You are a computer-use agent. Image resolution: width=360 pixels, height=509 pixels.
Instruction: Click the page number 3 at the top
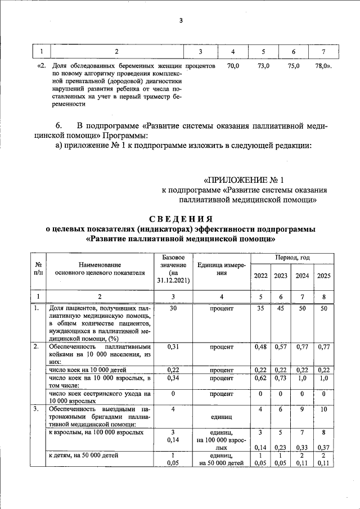(x=181, y=21)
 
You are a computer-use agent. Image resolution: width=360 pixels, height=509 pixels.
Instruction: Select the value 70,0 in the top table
(x=233, y=66)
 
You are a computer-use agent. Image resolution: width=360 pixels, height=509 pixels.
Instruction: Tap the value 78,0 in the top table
(x=323, y=66)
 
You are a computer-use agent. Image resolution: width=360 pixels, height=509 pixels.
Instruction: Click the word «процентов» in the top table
(x=201, y=66)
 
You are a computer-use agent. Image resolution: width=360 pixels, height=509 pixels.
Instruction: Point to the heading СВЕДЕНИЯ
(x=181, y=219)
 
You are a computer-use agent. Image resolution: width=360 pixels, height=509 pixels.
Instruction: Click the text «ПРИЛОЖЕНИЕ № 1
(x=242, y=180)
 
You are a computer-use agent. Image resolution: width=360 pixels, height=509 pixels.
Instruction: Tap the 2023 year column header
(x=281, y=276)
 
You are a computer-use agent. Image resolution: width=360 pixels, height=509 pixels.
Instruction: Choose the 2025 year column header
(x=323, y=276)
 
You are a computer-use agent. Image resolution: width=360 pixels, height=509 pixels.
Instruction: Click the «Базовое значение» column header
(x=173, y=268)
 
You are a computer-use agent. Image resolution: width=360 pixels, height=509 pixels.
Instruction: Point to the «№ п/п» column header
(x=39, y=268)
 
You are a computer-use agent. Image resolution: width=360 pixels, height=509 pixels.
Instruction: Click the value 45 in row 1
(x=281, y=309)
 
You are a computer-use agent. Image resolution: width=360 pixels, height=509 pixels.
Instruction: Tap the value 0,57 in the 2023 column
(x=281, y=347)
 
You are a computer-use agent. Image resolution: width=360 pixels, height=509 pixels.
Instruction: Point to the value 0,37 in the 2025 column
(x=323, y=447)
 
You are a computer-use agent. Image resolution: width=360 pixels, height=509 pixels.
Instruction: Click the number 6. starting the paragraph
(x=58, y=124)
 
